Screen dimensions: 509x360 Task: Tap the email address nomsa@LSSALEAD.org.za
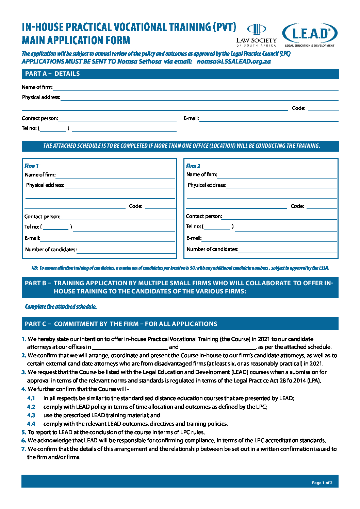[234, 62]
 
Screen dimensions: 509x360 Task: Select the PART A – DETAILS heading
[52, 74]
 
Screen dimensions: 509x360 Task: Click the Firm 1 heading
[31, 166]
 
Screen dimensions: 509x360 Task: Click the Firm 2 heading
[193, 166]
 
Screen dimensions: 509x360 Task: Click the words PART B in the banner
[36, 283]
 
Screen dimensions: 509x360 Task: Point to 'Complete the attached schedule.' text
[61, 307]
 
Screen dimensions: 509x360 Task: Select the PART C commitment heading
[121, 324]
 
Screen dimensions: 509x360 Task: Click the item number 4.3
[31, 415]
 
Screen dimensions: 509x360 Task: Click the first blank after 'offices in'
[130, 347]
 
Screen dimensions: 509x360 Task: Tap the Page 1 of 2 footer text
[322, 483]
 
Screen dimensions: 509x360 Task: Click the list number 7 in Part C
[24, 449]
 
